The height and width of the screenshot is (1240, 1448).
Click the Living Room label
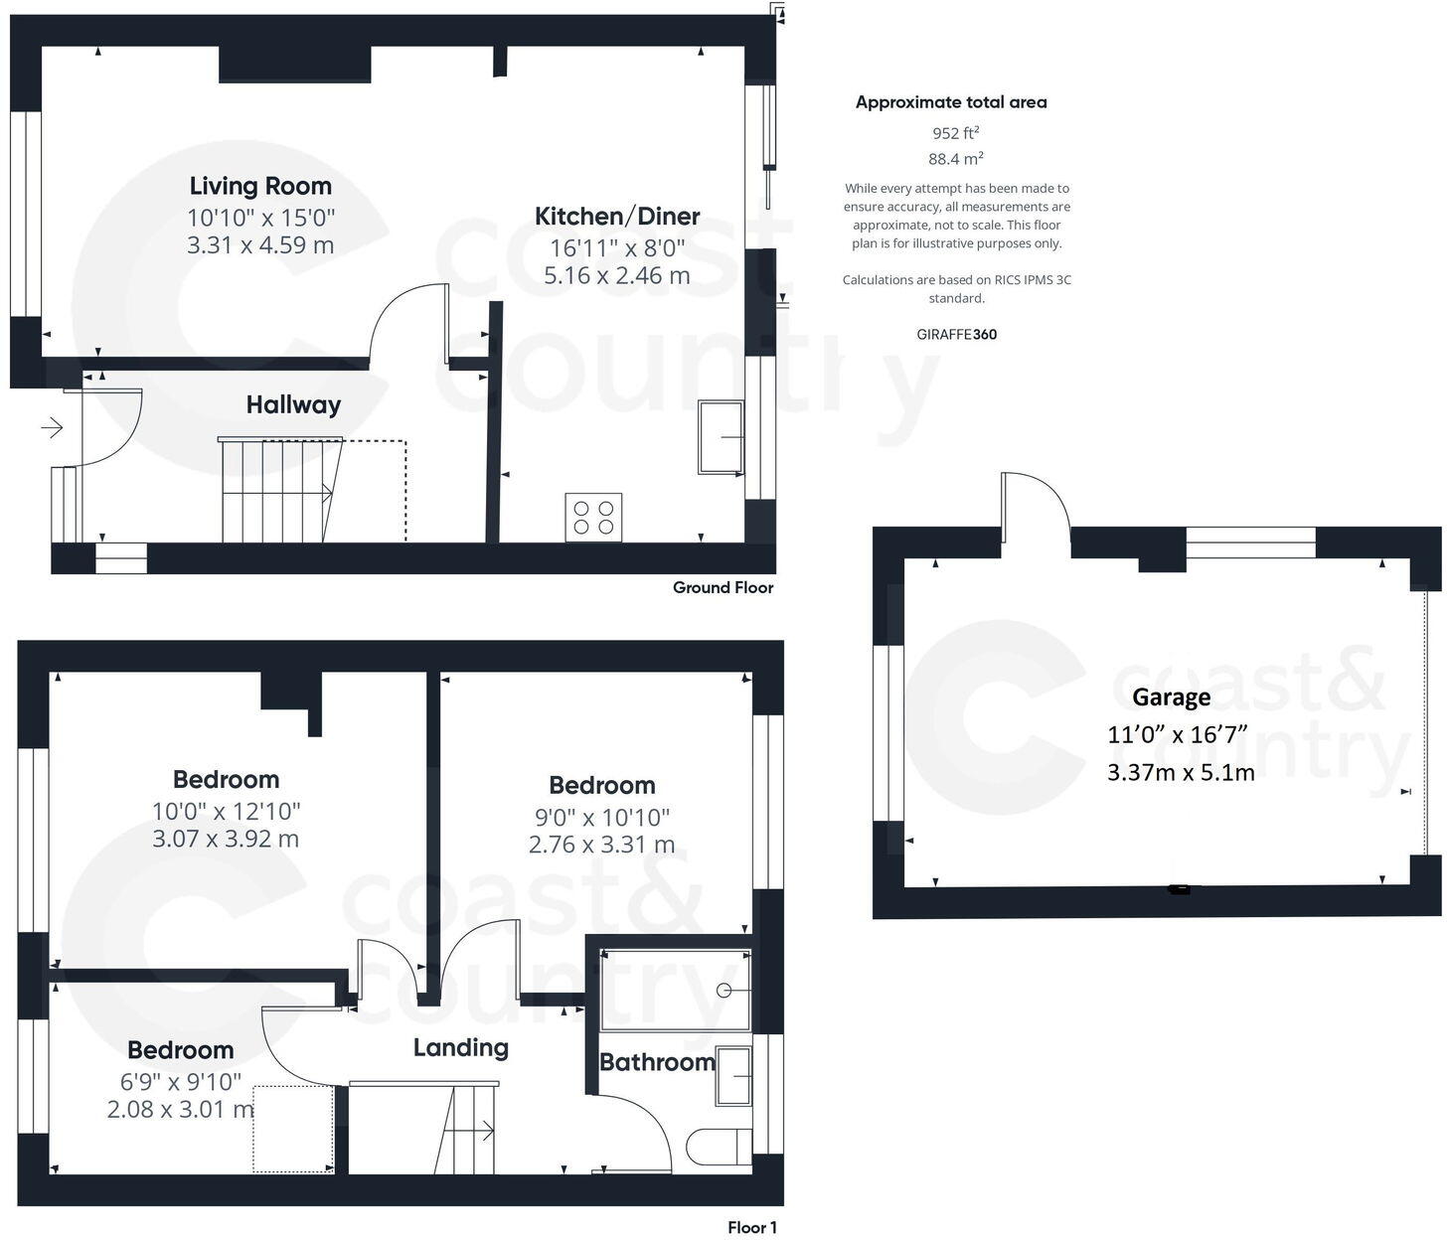tap(260, 186)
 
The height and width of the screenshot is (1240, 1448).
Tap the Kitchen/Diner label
tap(617, 217)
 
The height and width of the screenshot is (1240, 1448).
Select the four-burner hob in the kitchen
tap(593, 517)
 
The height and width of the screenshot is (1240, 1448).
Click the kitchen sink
tap(721, 437)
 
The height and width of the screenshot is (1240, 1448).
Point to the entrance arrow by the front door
tap(52, 428)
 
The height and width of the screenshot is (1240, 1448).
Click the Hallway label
tap(293, 404)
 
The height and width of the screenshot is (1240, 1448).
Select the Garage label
tap(1171, 697)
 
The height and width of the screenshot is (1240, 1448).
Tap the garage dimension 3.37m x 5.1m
tap(1181, 772)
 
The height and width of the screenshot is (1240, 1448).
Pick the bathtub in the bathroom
tap(676, 990)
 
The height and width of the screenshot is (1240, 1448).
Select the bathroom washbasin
tap(733, 1075)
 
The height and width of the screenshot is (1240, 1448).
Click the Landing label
tap(460, 1047)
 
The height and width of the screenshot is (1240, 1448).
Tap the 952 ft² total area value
tap(955, 133)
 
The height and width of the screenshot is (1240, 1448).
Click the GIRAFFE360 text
tap(956, 335)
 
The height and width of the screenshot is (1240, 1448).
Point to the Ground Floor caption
tap(723, 587)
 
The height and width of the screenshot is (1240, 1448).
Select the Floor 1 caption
tap(751, 1227)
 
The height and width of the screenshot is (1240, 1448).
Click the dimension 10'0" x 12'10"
tap(226, 812)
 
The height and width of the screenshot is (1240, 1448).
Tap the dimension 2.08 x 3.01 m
tap(180, 1109)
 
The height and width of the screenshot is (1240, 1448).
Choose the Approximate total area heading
tap(951, 102)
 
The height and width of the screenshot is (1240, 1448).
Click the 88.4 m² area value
tap(955, 159)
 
